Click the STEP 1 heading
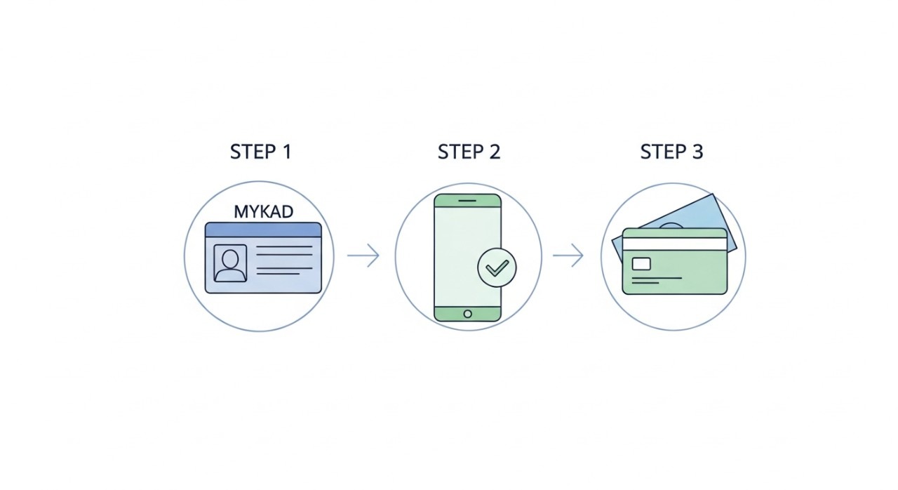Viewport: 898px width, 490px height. (260, 152)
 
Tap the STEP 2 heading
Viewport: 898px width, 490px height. (469, 152)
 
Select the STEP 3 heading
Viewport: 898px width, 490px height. (671, 152)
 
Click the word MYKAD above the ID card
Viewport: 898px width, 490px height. (263, 211)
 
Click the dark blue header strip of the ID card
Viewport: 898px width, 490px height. (263, 230)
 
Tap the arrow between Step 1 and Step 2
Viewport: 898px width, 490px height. (363, 256)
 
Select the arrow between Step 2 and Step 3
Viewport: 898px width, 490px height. (568, 256)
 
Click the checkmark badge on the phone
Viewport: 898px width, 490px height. (497, 267)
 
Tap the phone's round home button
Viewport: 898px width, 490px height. (468, 313)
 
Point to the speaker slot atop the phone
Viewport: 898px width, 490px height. (468, 200)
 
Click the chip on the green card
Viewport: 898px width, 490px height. (641, 264)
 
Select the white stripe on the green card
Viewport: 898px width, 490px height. (674, 244)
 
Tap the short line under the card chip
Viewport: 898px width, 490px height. (657, 279)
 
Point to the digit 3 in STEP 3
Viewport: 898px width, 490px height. (697, 152)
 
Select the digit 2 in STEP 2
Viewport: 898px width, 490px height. (494, 152)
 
